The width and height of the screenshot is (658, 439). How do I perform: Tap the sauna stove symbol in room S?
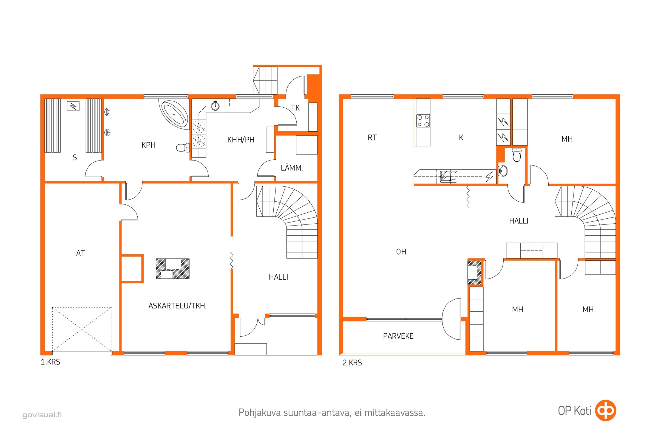[73, 106]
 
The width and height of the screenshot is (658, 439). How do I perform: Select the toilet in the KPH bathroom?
[183, 147]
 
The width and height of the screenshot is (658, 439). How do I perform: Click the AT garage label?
[81, 253]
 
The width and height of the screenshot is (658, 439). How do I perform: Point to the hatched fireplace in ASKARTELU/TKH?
[173, 269]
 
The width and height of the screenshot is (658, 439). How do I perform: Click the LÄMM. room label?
[292, 168]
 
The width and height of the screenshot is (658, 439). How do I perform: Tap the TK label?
[295, 108]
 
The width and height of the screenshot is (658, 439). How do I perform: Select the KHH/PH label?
[241, 140]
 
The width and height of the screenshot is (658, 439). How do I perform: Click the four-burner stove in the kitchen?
[423, 121]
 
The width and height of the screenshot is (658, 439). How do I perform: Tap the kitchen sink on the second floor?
[449, 177]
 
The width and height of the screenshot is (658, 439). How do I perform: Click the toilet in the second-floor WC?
[517, 155]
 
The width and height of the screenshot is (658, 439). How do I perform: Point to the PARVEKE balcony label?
[398, 336]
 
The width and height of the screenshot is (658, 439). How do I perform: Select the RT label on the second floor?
[372, 138]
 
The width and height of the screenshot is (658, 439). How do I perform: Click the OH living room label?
[401, 252]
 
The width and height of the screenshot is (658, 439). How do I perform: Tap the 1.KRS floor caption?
[50, 362]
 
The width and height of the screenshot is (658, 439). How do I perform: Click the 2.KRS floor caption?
[352, 363]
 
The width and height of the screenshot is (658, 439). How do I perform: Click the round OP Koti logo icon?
[605, 410]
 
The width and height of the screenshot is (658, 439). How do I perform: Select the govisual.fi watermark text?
[42, 415]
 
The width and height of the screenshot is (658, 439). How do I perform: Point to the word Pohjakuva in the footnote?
[260, 413]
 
